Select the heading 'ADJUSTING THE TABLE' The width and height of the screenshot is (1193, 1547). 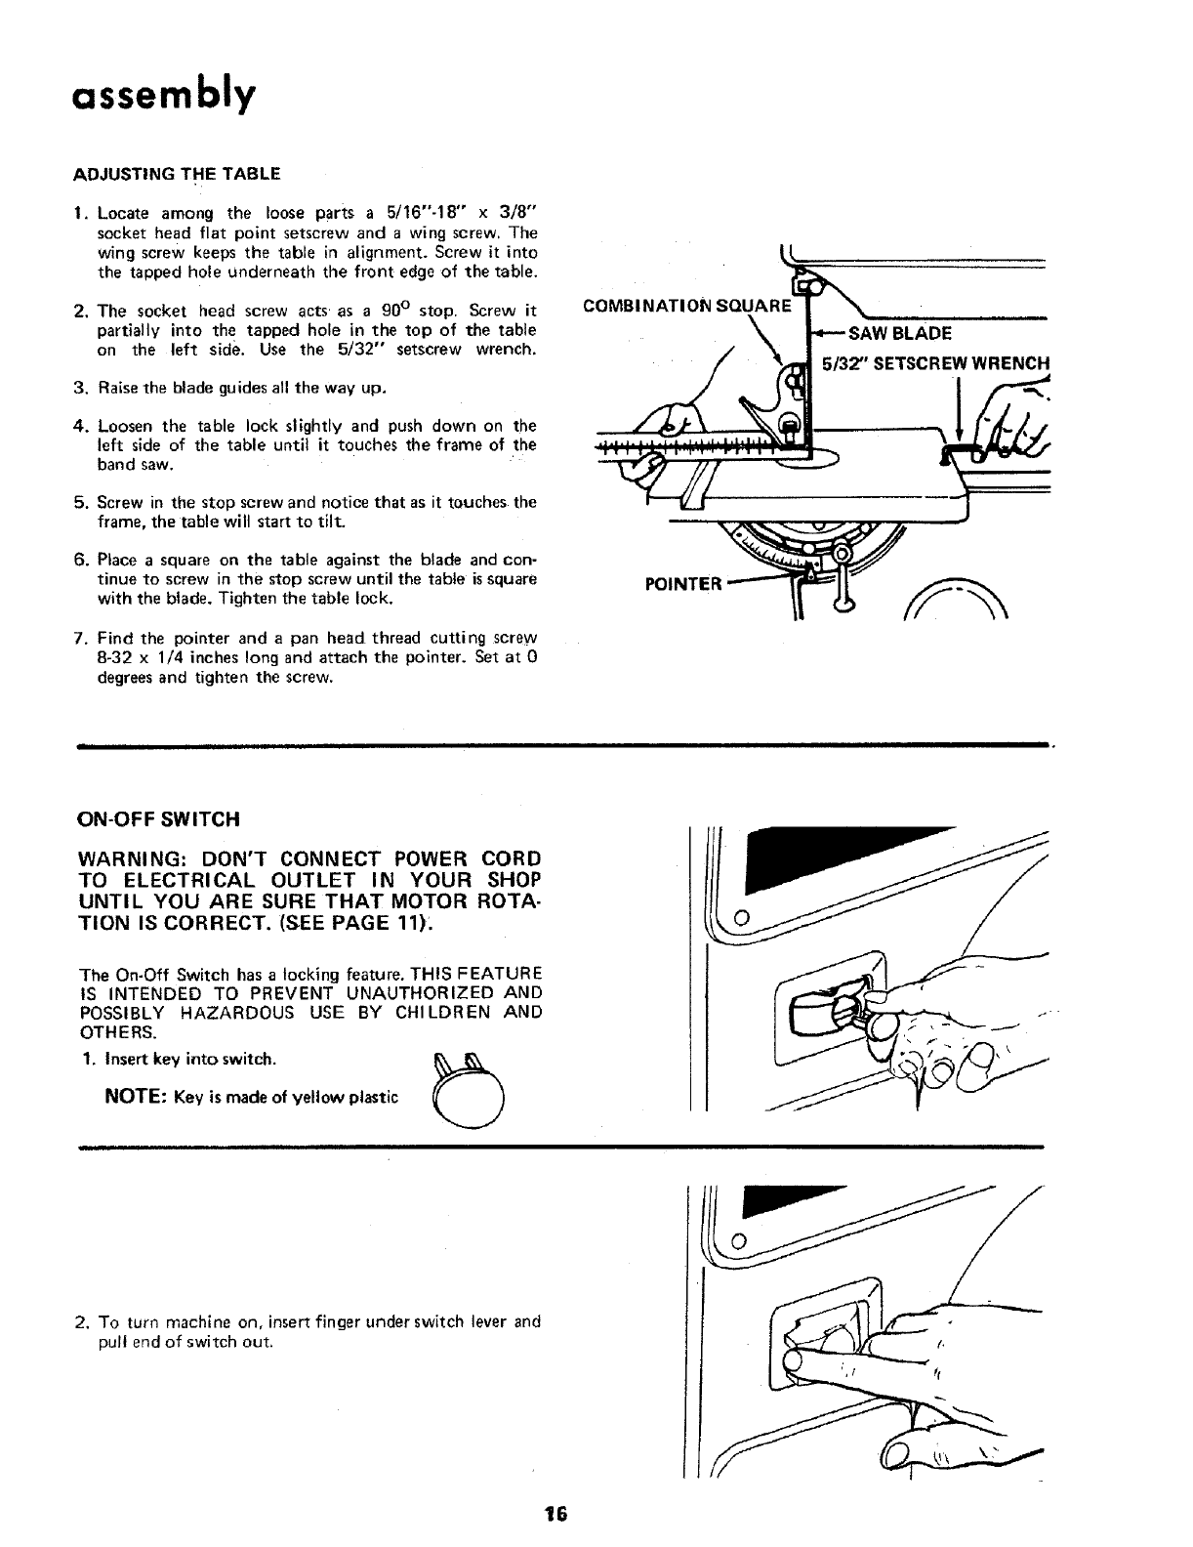(177, 174)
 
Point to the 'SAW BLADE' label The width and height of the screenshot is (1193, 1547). (899, 333)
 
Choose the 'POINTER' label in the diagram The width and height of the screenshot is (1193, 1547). (683, 584)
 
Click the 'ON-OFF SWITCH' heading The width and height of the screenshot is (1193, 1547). (157, 817)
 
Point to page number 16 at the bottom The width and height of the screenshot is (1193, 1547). (556, 1515)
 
